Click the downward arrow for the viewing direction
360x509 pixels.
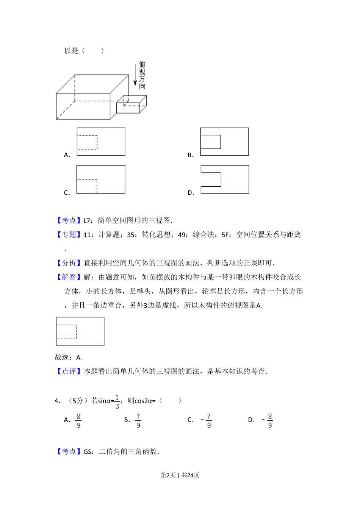(x=135, y=75)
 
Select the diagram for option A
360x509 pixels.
(x=101, y=142)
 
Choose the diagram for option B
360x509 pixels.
(x=224, y=142)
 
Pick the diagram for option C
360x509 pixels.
(x=101, y=180)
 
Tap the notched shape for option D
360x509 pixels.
(x=225, y=180)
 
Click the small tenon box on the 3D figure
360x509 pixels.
(x=131, y=105)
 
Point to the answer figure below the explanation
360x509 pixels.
(x=80, y=331)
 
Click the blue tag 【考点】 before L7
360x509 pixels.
(x=69, y=220)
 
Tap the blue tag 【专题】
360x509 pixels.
(x=69, y=235)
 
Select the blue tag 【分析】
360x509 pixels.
(x=69, y=263)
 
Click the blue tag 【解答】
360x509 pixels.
(x=69, y=277)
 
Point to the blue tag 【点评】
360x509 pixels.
(x=69, y=372)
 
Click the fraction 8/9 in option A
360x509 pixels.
(x=78, y=420)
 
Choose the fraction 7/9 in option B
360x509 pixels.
(x=138, y=420)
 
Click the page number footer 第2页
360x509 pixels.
(x=168, y=475)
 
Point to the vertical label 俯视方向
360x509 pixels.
(x=142, y=75)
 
